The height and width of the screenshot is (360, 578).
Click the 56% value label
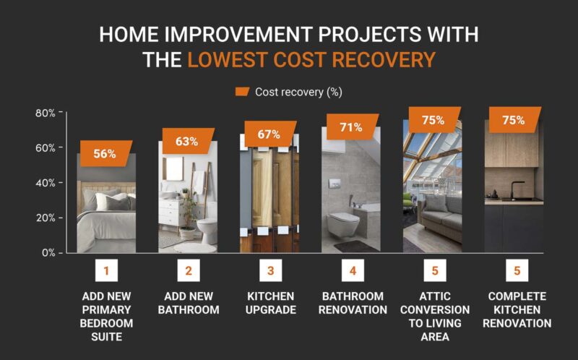[104, 153]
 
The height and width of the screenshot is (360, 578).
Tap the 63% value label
[186, 141]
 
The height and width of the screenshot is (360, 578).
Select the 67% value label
[267, 135]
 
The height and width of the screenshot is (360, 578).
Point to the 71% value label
[350, 128]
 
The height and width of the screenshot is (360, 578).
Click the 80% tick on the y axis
[46, 113]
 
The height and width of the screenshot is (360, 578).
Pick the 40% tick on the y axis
[46, 183]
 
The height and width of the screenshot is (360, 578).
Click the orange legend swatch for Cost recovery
[242, 92]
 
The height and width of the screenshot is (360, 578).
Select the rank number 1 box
[106, 272]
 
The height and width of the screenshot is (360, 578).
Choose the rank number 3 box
[270, 272]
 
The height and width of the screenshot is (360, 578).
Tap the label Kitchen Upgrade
[271, 303]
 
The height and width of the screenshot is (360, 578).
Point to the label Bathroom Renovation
[353, 303]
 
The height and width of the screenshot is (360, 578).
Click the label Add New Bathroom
[188, 303]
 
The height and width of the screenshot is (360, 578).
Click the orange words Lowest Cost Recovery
[311, 59]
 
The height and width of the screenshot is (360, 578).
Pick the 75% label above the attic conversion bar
[433, 120]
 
